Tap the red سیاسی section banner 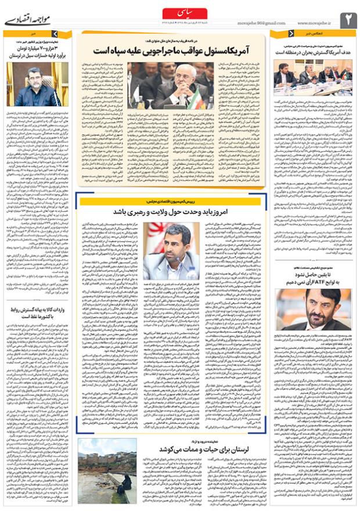pyautogui.click(x=180, y=12)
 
